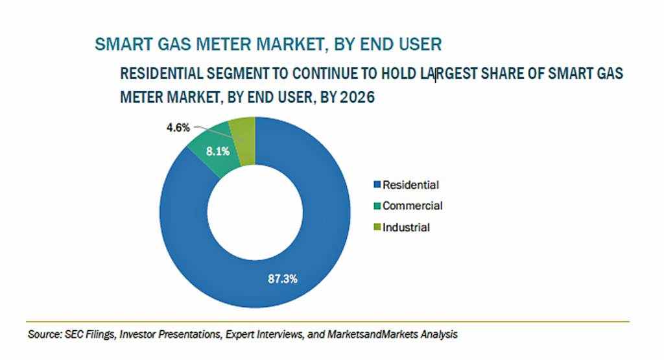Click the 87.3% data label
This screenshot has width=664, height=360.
click(283, 279)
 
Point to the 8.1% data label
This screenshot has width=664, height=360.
click(218, 151)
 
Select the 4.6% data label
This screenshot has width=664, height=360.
click(178, 128)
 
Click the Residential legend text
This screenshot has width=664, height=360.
click(410, 185)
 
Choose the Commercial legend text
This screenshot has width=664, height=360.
click(412, 206)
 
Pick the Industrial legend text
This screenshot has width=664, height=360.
click(406, 228)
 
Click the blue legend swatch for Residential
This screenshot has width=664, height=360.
click(377, 185)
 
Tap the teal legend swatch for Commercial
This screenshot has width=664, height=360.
click(377, 206)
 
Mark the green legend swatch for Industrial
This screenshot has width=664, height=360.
click(377, 227)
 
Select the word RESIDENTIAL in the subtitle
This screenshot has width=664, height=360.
click(161, 74)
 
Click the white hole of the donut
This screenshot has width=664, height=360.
click(255, 212)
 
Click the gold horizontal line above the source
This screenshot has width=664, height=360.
click(327, 322)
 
